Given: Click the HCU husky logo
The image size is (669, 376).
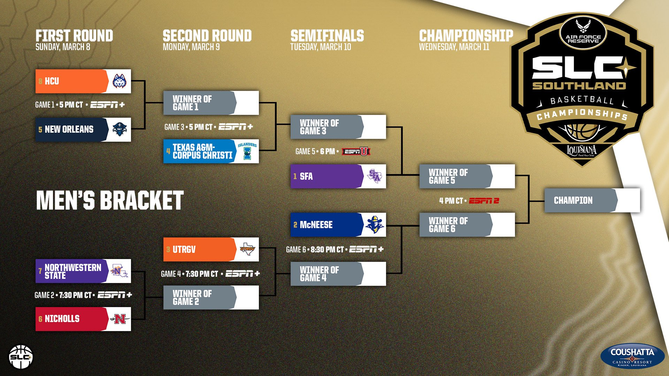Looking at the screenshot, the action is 120,81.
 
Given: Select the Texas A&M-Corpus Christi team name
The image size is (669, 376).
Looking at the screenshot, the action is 202,151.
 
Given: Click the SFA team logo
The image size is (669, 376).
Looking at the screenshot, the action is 375,177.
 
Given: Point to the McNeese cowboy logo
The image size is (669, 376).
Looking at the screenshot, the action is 375,225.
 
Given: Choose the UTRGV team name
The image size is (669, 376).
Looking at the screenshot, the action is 184,250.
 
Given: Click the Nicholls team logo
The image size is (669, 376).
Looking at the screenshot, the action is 120,319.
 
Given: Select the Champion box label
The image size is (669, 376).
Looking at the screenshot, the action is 573,201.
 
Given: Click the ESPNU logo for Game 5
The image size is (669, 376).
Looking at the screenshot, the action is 356,151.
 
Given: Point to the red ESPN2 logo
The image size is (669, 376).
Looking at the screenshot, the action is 484,201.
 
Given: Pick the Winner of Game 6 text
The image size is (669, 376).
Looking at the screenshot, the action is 448,225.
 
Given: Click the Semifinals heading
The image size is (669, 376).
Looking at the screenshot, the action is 327,36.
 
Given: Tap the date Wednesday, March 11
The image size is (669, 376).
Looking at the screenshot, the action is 454,47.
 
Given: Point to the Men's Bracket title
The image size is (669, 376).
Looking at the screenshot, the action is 110,201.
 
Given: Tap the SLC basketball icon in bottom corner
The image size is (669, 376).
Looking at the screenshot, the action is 21,357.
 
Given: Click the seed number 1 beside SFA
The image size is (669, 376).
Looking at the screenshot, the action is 295,177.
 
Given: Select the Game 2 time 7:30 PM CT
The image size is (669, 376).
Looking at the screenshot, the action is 75,295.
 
